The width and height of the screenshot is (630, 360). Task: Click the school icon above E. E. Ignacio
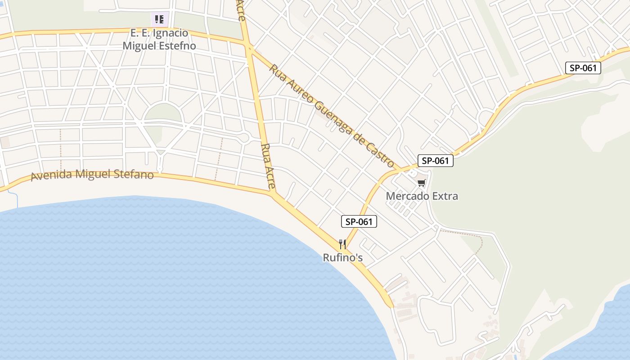(159, 19)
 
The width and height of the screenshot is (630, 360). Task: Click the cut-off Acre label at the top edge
(241, 10)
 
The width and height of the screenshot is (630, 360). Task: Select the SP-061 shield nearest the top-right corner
(583, 68)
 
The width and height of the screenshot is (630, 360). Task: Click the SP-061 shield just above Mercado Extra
(435, 161)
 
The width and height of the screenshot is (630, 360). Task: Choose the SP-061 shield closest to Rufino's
(359, 221)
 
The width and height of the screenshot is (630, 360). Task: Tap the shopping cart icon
(421, 183)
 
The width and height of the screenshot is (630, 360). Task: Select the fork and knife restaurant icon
(343, 244)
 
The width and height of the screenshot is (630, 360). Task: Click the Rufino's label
(343, 258)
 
